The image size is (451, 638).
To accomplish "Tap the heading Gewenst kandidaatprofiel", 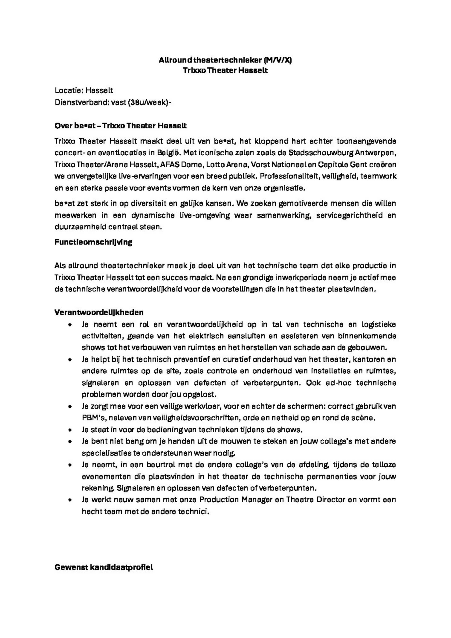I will pos(104,567).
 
